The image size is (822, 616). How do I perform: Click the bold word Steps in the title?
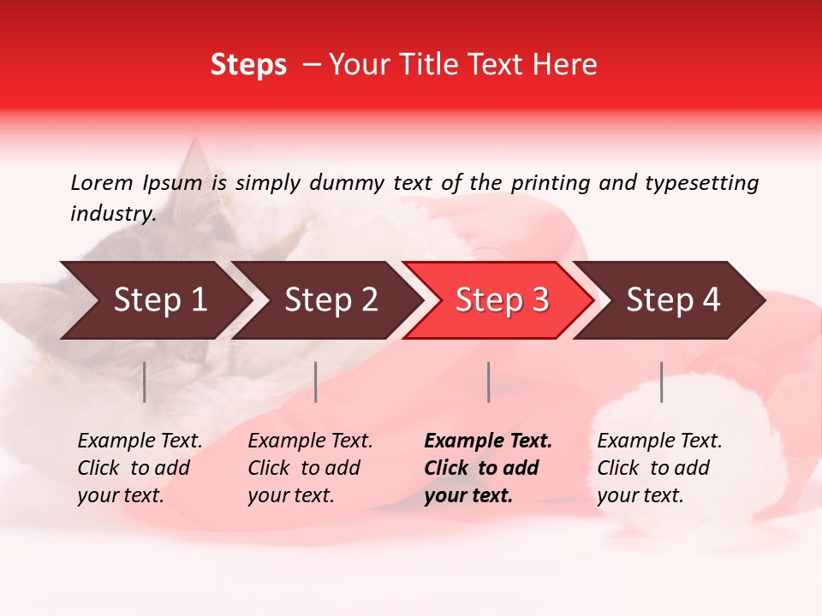248,65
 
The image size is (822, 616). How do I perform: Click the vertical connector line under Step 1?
145,382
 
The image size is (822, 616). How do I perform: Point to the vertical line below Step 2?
316,382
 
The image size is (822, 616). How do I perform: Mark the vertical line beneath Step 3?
488,382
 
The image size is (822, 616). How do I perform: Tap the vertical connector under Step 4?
661,382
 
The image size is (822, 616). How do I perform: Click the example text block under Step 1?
140,468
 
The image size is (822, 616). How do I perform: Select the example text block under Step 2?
310,468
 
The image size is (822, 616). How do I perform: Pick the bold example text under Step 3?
488,468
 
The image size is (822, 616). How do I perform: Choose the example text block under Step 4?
659,468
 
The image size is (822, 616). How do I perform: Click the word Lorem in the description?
101,182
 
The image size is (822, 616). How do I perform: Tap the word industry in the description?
112,214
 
